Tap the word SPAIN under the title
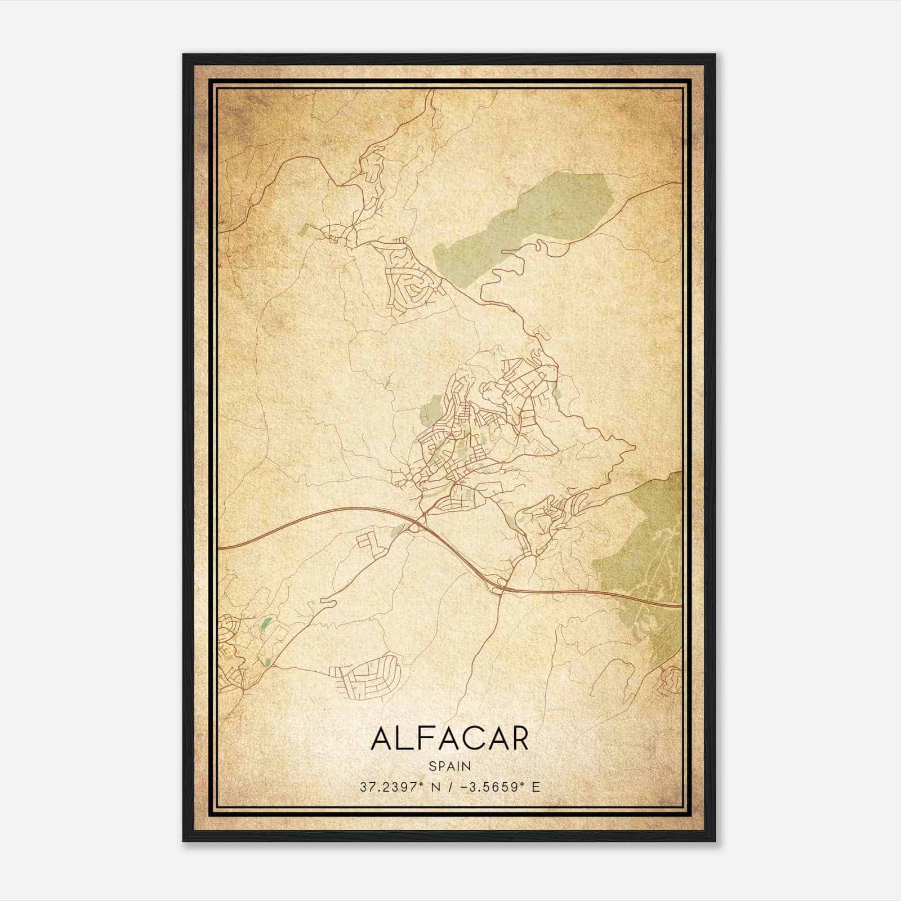click(x=450, y=766)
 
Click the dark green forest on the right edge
click(x=648, y=552)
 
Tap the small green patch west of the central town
click(x=431, y=409)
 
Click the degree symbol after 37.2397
click(x=422, y=783)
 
